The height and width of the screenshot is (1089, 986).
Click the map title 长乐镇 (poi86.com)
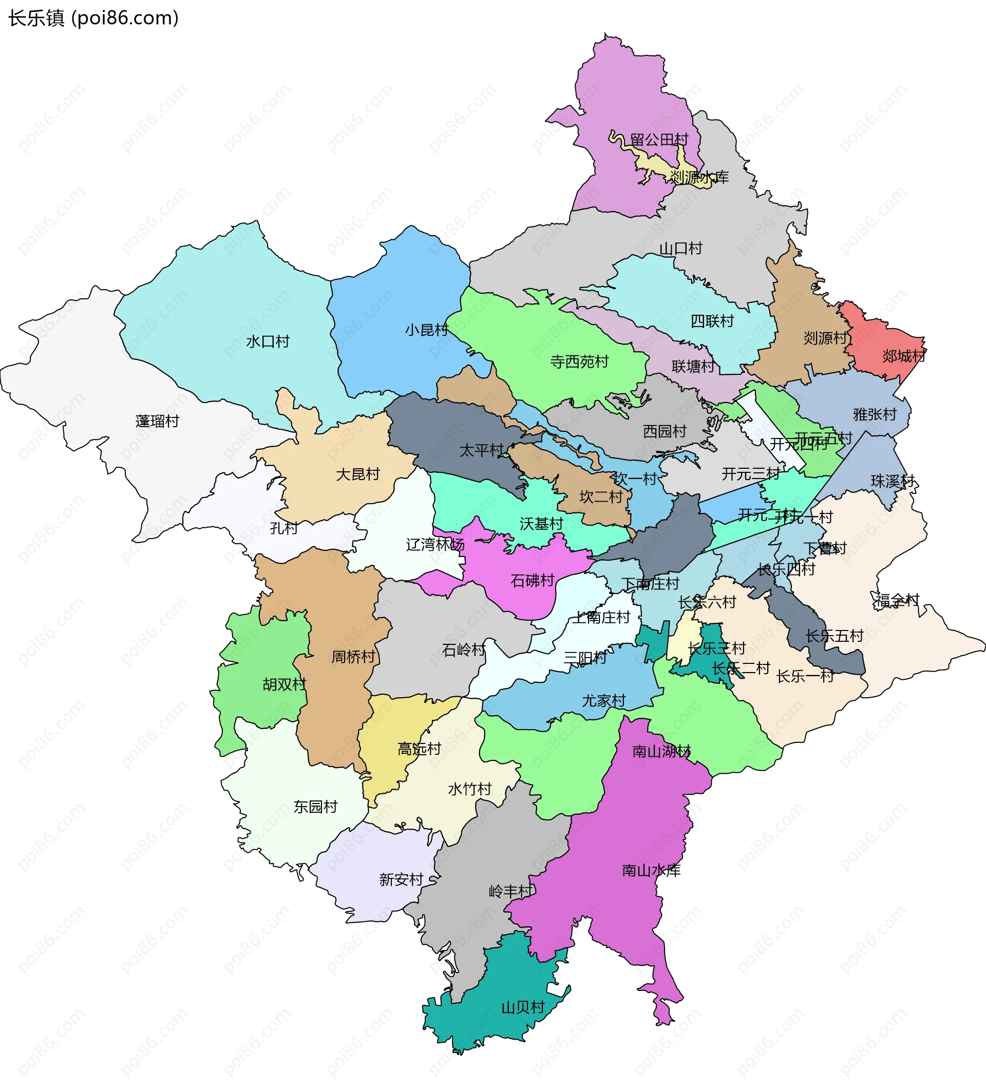tap(93, 18)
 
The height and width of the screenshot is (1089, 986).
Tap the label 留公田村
tap(659, 140)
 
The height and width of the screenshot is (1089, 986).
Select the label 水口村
tap(268, 341)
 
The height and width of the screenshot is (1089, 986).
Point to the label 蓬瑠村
tap(157, 422)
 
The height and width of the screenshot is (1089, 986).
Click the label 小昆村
tap(427, 330)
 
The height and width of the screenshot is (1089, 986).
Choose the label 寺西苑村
tap(579, 361)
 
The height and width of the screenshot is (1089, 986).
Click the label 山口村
tap(681, 249)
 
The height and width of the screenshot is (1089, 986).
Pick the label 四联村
tap(712, 321)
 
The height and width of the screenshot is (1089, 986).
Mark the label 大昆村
tap(357, 474)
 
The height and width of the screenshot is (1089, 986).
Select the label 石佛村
tap(532, 581)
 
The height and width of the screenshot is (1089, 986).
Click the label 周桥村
tap(353, 657)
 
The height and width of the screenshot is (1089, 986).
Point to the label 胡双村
tap(284, 684)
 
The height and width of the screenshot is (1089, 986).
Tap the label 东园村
tap(315, 807)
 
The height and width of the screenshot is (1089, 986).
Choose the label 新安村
tap(401, 880)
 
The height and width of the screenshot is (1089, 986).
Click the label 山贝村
tap(522, 1007)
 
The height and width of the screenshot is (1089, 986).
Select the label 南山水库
tap(651, 870)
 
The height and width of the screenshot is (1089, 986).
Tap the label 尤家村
tap(603, 701)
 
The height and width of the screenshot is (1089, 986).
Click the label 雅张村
tap(875, 414)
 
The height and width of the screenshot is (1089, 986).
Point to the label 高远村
tap(419, 749)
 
